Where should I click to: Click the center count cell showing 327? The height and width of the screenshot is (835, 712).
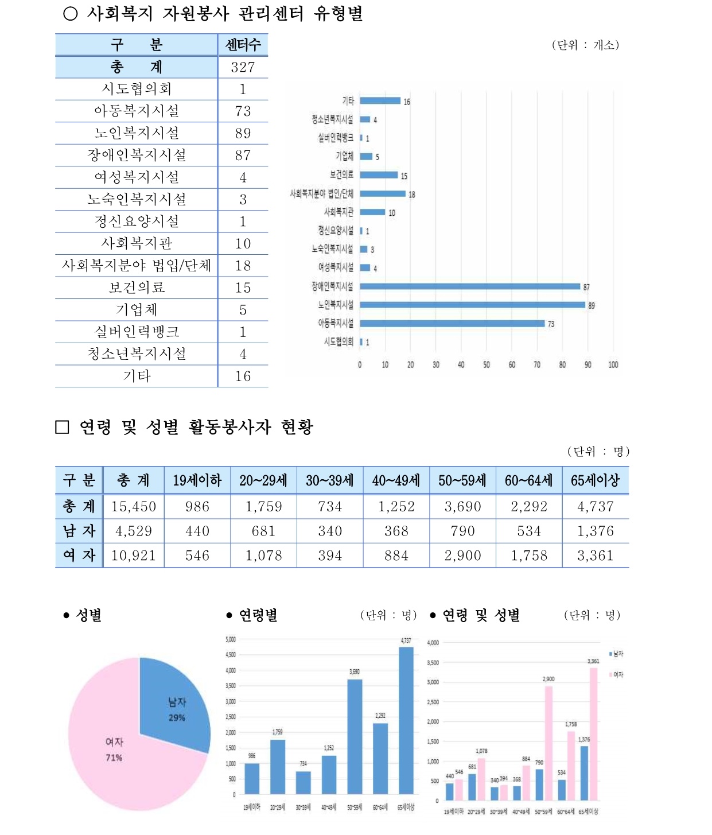pos(243,67)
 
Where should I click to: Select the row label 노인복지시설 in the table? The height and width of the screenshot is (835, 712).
pos(137,133)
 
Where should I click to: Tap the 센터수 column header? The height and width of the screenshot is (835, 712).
pos(243,45)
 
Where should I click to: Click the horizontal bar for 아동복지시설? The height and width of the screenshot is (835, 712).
pos(452,324)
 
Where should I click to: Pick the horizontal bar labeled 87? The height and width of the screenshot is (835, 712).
pos(470,286)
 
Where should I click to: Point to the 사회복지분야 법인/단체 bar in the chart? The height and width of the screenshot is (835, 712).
pos(382,194)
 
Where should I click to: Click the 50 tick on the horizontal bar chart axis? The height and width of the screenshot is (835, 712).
pos(487,364)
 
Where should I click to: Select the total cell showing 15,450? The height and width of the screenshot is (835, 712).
pos(134,507)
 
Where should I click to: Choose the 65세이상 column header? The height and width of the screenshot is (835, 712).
pos(595,480)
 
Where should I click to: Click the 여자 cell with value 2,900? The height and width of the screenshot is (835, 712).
pos(462,556)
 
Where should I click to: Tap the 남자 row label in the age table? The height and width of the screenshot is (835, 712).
pos(79,531)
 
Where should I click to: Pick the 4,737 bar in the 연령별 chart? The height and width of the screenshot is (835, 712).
pos(406,720)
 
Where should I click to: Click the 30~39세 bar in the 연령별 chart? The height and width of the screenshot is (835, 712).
pos(304,783)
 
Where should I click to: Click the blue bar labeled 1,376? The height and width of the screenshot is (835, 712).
pos(584,772)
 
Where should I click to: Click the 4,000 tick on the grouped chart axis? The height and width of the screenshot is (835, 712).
pos(433,643)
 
